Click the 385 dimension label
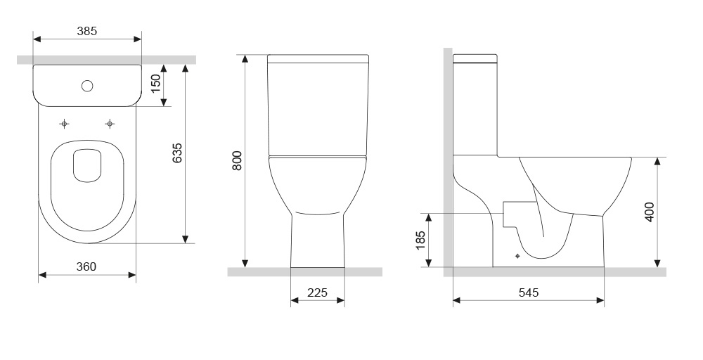87,31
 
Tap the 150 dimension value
155,84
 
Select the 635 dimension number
178,153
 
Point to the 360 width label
86,266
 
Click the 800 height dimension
237,160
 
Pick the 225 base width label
318,292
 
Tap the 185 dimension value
420,240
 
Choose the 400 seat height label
649,212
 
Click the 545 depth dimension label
529,292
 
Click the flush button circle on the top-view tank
87,86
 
